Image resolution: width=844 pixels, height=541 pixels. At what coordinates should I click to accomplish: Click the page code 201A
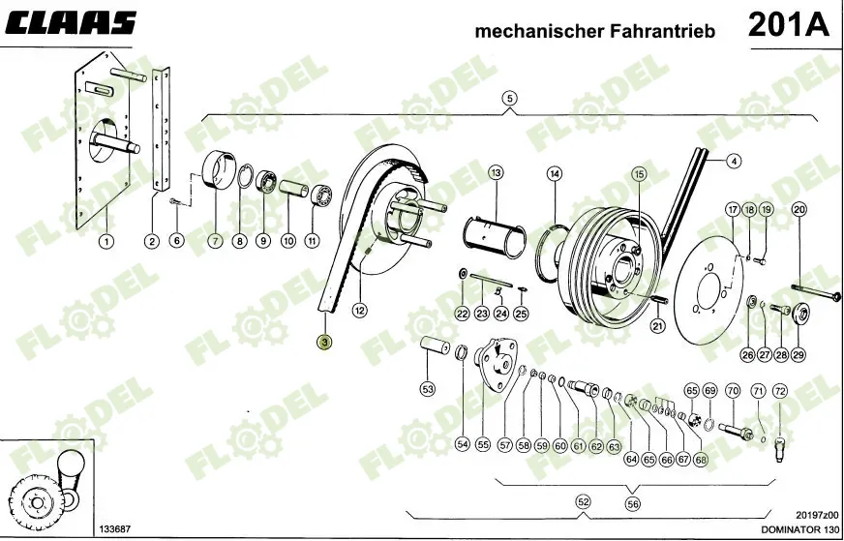coord(788,26)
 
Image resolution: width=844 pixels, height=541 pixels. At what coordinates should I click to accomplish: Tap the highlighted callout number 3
coord(325,342)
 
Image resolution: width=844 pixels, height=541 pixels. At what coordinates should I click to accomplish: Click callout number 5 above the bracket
coord(510,98)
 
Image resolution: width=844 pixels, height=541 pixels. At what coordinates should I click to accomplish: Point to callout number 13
coord(496,173)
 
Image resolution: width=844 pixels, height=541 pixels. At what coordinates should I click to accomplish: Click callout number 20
coord(799,210)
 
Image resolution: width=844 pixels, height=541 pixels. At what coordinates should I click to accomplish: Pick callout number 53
coord(427,389)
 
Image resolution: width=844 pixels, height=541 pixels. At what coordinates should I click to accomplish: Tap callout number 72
coord(780,391)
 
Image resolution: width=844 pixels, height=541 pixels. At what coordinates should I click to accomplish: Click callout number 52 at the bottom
coord(583,501)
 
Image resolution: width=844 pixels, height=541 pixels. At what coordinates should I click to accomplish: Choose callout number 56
coord(633,503)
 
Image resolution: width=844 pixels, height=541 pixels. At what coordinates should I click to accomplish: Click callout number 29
coord(799,355)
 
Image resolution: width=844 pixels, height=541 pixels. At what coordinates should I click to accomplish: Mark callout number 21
coord(657,326)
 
